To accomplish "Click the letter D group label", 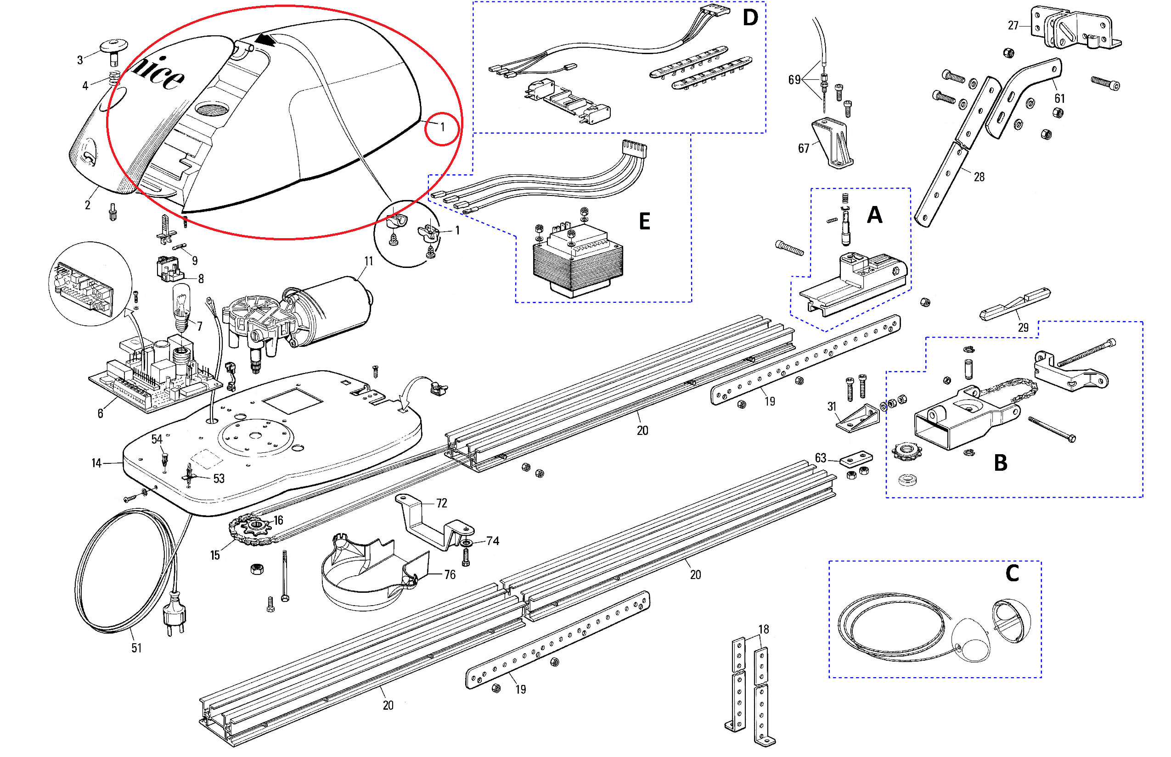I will (750, 18).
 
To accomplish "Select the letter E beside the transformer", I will (644, 221).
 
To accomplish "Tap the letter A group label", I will (874, 215).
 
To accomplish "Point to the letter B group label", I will (1000, 463).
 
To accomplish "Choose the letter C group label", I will (1012, 573).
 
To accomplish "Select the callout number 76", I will (450, 574).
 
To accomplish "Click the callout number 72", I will (441, 503).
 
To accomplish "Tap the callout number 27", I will (1013, 26).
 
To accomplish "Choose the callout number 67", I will (804, 149).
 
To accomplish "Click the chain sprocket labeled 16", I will (257, 527).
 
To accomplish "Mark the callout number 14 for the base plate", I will (96, 463).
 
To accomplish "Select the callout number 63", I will (820, 458).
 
